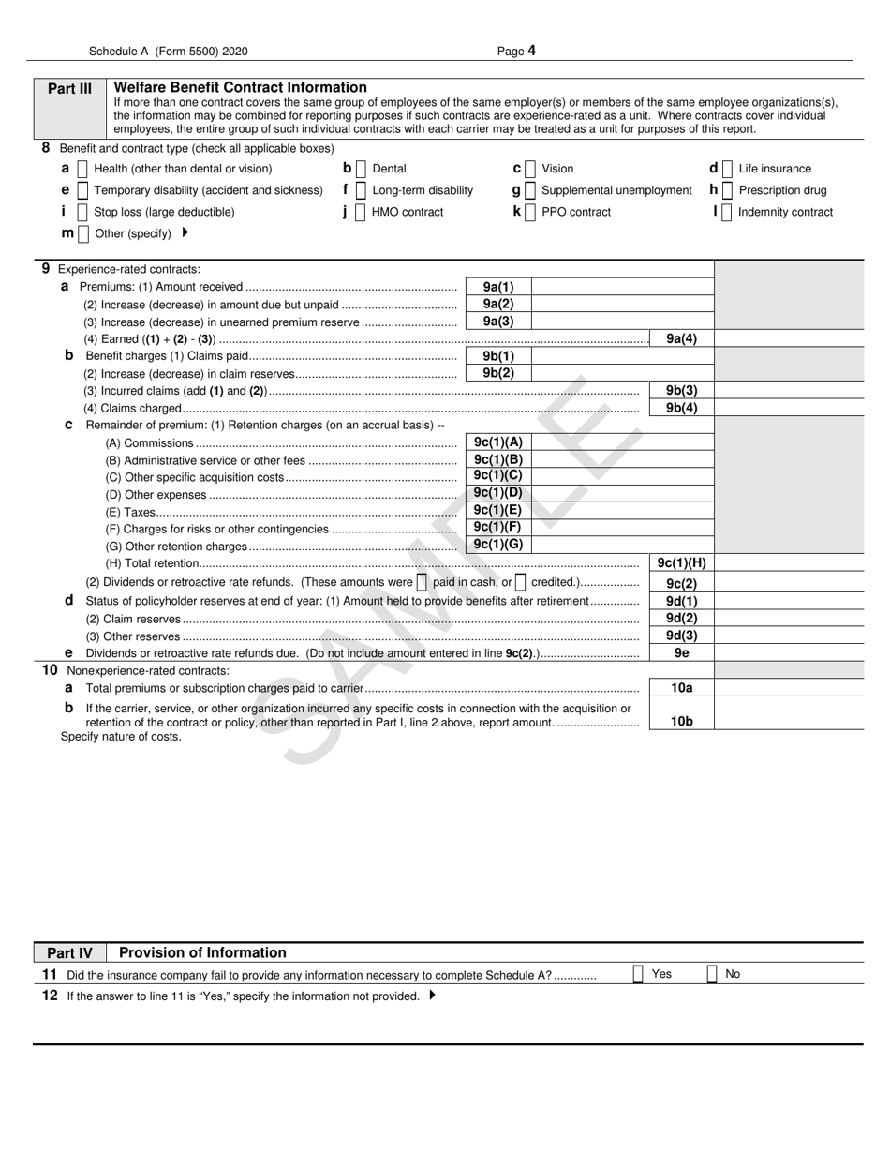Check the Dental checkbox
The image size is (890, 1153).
pyautogui.click(x=362, y=169)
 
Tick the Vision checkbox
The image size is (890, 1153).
pyautogui.click(x=530, y=169)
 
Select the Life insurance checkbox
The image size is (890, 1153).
pyautogui.click(x=728, y=169)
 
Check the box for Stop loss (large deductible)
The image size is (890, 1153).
pyautogui.click(x=82, y=212)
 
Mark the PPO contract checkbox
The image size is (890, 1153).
pyautogui.click(x=530, y=212)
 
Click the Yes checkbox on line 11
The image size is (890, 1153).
pyautogui.click(x=638, y=974)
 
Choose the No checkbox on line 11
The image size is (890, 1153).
pyautogui.click(x=712, y=974)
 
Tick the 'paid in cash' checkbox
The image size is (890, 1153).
pyautogui.click(x=422, y=582)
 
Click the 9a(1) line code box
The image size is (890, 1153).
pyautogui.click(x=497, y=287)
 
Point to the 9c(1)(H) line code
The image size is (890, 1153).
pyautogui.click(x=681, y=563)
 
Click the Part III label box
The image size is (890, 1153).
pyautogui.click(x=70, y=89)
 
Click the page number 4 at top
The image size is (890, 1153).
pyautogui.click(x=532, y=52)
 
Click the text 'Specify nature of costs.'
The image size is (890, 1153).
pyautogui.click(x=121, y=737)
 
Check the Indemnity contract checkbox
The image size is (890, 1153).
pyautogui.click(x=728, y=212)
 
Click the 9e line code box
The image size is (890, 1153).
pyautogui.click(x=681, y=653)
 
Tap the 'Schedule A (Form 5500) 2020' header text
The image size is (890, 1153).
pyautogui.click(x=169, y=52)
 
